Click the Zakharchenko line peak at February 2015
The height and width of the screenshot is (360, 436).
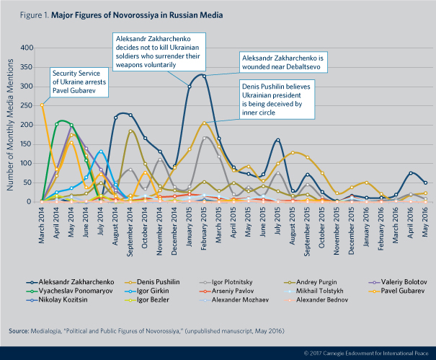tap(205, 75)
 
